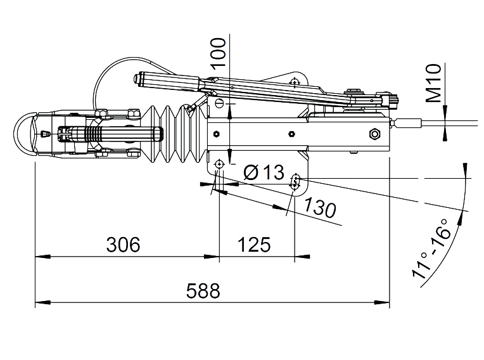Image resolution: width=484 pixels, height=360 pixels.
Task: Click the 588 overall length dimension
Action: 203,290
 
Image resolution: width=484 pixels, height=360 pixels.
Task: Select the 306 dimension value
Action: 123,244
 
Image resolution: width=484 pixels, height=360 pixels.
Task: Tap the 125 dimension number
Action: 254,244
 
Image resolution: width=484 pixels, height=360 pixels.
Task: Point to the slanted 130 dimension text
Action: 320,207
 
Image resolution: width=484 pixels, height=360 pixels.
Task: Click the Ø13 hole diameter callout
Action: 264,172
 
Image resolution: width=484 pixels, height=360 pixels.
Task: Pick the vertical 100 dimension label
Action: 218,52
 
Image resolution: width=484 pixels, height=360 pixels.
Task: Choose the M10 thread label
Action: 433,83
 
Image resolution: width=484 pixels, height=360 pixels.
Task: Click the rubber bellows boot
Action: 175,134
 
